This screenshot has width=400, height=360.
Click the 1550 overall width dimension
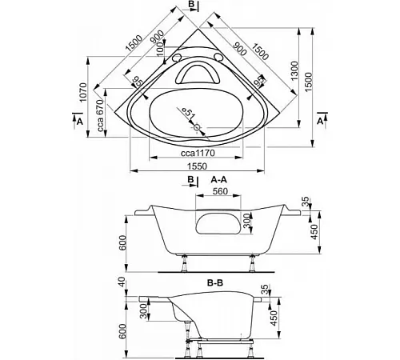coord(197,166)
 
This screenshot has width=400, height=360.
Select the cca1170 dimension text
coord(198,153)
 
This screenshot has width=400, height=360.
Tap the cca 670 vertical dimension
coord(100,115)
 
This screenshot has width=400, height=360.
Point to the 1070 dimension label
coord(83,93)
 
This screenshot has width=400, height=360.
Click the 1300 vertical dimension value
coord(294,71)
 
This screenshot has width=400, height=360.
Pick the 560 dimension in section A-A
coord(220,191)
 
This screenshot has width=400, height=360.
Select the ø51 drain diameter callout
coord(189,113)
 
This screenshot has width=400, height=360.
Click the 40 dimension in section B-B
coord(122,282)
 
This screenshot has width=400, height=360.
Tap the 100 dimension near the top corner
coord(160,49)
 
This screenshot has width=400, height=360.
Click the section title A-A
coord(219,180)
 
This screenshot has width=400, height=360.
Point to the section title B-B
coord(215,282)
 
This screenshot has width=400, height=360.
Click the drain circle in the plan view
coord(197,128)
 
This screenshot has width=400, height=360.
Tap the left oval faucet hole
coord(176,58)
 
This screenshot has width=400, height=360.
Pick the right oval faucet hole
coord(218,58)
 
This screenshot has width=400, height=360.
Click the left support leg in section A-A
coord(184,263)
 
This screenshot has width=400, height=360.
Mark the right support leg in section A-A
coord(251,263)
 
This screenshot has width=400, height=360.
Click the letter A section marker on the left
coord(79,122)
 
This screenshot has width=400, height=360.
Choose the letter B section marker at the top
coord(191,5)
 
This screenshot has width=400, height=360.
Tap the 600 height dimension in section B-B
coord(122,331)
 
